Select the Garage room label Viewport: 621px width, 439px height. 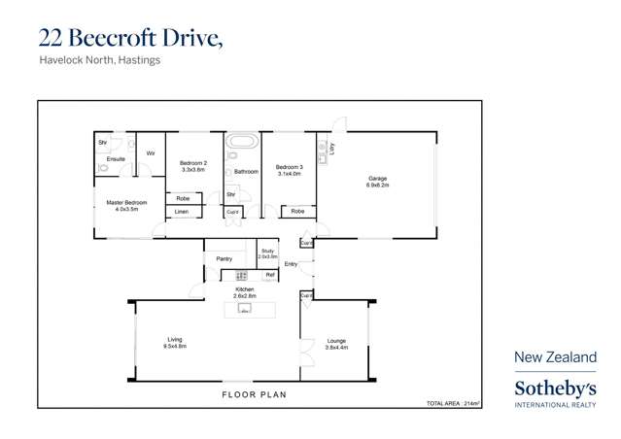(377, 178)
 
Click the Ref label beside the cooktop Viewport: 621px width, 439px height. (270, 276)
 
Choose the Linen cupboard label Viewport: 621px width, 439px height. (182, 212)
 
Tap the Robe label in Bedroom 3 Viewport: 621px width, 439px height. (297, 211)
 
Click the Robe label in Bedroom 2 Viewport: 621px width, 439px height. (183, 198)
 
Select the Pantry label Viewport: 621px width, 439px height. (224, 259)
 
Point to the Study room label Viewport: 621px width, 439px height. (267, 252)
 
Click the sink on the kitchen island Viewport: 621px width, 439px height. (245, 310)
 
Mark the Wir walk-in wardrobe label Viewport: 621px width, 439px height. (151, 153)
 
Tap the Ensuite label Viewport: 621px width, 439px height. (116, 158)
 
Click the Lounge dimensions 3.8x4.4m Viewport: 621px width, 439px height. (335, 346)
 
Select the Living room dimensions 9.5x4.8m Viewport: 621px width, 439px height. (175, 346)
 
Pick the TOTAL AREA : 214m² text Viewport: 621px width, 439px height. (453, 402)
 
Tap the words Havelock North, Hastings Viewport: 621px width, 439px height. (99, 60)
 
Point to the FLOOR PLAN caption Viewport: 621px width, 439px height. (255, 395)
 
